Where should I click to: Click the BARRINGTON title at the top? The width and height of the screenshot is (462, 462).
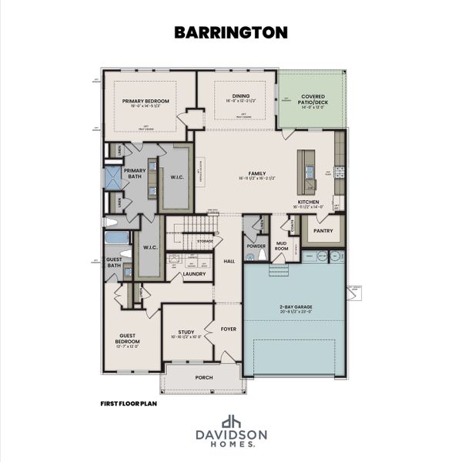point(230,32)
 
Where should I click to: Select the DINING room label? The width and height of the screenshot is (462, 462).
point(236,95)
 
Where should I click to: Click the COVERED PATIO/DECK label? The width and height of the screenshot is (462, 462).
point(312,99)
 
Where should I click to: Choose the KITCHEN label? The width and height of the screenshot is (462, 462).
point(309,203)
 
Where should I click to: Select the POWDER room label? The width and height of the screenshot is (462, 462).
point(255,246)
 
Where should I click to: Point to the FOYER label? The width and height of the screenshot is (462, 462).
point(228,329)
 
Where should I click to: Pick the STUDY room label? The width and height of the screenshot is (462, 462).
point(186,332)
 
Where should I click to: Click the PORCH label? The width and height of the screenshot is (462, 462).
point(204,377)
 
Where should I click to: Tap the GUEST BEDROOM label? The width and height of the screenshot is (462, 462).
point(128,338)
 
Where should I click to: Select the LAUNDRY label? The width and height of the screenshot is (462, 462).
point(193,273)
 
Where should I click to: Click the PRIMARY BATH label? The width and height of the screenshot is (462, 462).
point(134,173)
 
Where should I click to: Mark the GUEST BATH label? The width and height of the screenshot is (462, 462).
point(114,261)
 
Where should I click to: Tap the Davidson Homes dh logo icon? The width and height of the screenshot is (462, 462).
point(230,422)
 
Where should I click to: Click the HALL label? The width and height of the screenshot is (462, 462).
point(229,261)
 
